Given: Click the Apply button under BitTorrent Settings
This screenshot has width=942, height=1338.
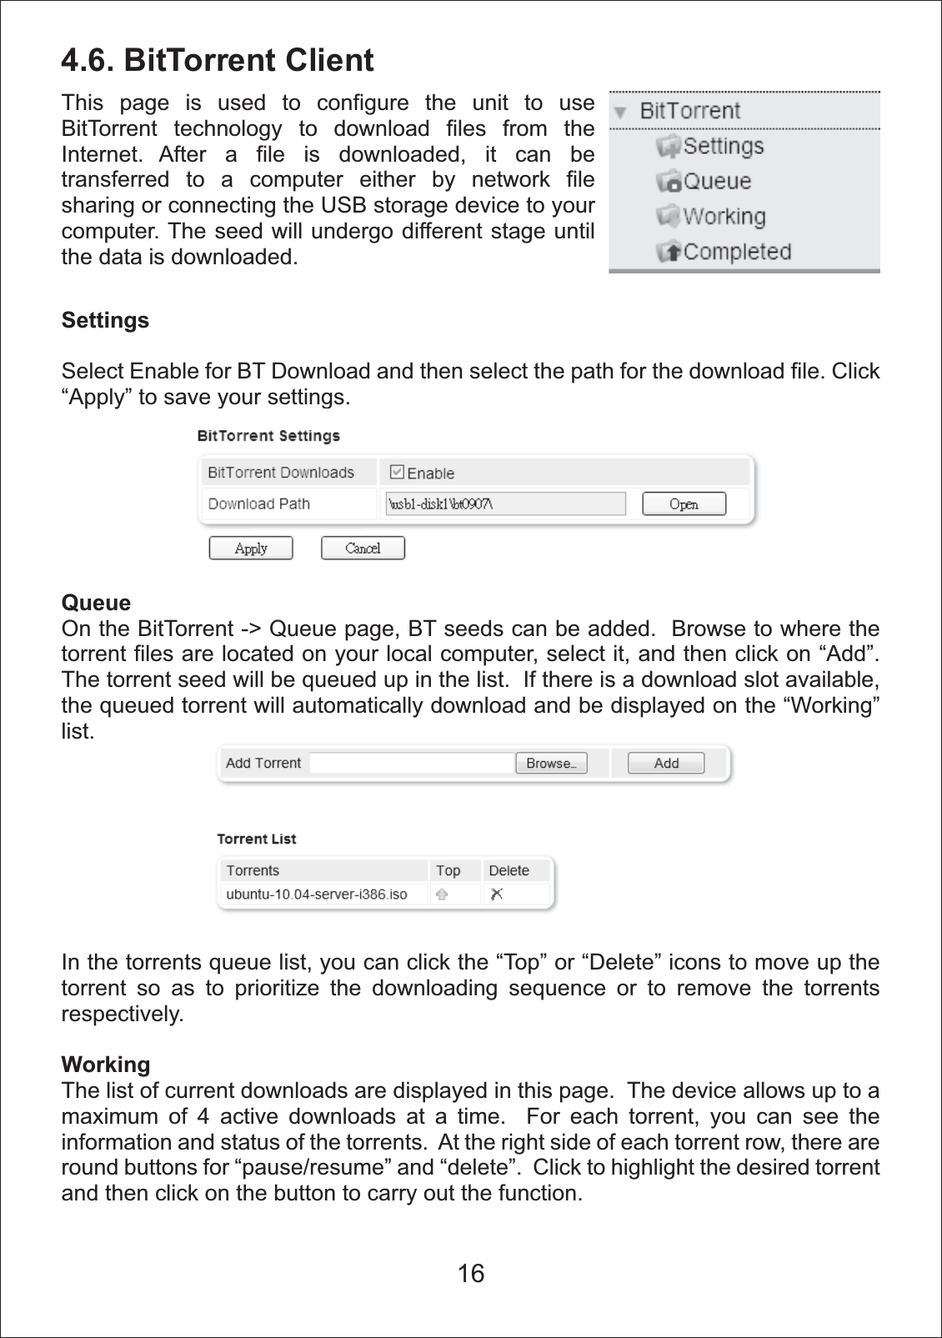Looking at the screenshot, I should pos(251,549).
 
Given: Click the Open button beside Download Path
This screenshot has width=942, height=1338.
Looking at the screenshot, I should pos(684,504).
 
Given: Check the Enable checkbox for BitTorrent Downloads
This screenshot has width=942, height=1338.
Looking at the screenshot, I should pos(398,472).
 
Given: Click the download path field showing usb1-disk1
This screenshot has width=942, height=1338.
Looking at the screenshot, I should pos(505,504).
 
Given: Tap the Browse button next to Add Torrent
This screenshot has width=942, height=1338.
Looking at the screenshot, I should pos(551,764).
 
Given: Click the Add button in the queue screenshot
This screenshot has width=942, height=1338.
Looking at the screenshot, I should pos(666,764).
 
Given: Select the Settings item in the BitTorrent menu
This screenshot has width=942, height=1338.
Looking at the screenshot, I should pos(722,147).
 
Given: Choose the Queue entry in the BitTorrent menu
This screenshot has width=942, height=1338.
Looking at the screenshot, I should pos(716,182).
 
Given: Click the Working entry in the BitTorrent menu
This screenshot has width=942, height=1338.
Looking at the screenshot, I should pos(723,217).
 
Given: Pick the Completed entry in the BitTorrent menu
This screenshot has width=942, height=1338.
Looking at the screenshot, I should pos(736,252).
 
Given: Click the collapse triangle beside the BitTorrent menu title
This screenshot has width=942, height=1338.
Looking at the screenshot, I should pos(620,113).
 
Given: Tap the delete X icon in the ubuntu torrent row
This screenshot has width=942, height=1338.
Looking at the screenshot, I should pos(497,895).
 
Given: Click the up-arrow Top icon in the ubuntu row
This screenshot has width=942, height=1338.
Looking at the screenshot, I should pos(443,895).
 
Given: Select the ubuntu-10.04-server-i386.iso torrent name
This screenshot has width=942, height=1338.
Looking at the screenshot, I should pos(317,895).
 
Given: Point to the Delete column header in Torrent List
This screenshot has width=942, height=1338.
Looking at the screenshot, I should pos(509,870).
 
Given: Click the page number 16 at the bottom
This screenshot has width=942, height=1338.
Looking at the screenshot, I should pos(471,1273).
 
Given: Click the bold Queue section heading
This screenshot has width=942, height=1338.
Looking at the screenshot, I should pos(96,603).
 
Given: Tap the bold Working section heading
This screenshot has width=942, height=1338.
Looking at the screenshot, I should pos(106,1065).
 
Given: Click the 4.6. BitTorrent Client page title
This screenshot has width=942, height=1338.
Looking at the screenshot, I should pos(218,61).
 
